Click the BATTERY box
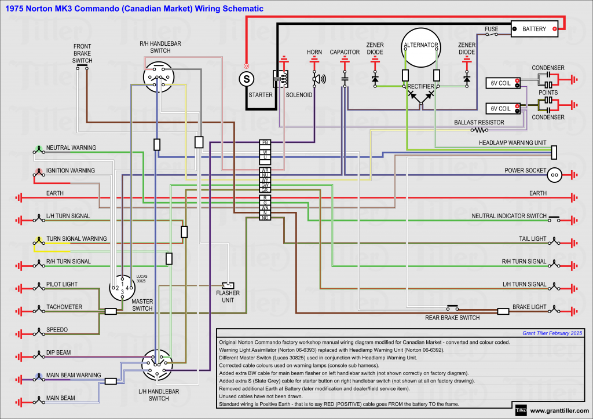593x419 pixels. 535,28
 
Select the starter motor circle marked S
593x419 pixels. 247,78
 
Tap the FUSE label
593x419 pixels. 491,28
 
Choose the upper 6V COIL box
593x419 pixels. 501,83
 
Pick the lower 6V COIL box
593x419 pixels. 501,108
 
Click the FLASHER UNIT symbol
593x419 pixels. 228,285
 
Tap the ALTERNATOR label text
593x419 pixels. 421,45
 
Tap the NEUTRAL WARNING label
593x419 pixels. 71,148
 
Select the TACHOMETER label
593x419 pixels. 64,307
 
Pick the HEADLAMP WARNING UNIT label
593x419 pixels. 513,142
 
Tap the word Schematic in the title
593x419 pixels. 243,9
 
